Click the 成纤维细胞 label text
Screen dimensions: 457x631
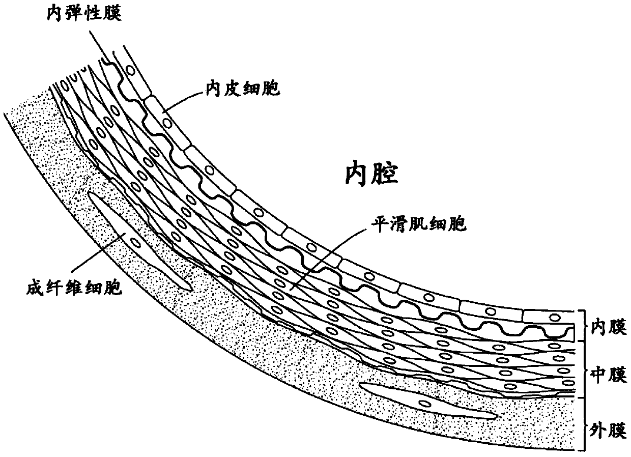point(72,289)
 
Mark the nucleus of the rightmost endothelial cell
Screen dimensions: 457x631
point(552,317)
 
